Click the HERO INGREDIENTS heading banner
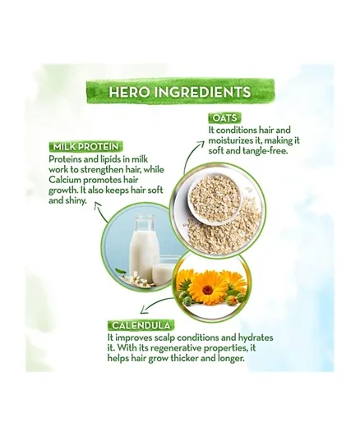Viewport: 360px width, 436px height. point(180,91)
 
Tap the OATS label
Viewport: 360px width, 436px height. point(224,118)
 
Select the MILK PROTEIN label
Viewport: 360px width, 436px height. point(85,146)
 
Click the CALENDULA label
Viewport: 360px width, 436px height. point(141,325)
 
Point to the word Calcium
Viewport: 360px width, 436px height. point(65,180)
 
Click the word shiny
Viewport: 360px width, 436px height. point(76,201)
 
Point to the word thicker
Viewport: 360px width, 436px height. point(184,358)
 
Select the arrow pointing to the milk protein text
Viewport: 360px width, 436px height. point(100,212)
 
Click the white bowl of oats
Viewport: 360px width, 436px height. point(215,199)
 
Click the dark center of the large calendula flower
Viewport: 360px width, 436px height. point(208,290)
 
